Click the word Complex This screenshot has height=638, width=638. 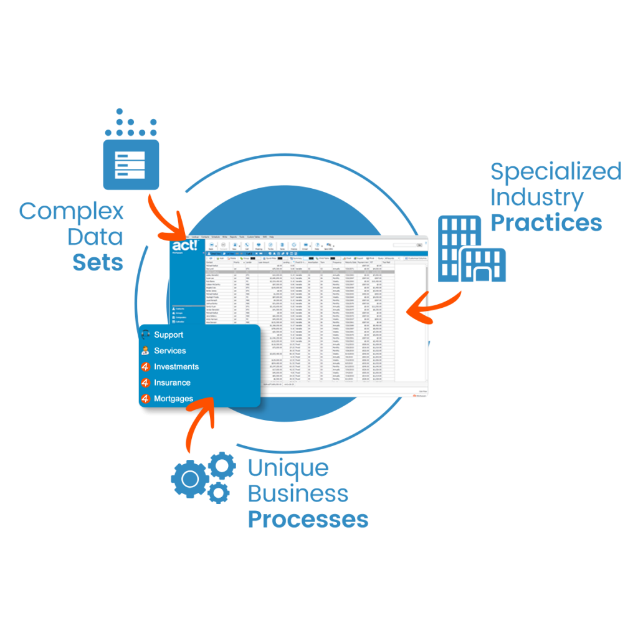pos(71,212)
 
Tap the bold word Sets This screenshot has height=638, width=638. pos(98,263)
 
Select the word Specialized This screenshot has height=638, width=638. pos(556,171)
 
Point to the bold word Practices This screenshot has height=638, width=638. pos(546,223)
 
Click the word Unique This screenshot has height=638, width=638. pos(288,467)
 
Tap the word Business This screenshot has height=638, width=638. pos(298,493)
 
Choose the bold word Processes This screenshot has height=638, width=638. pos(308,520)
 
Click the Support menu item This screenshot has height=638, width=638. pos(168,335)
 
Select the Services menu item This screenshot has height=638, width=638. pos(169,351)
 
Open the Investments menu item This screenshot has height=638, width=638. pos(176,367)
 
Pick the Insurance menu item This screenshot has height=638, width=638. pos(172,383)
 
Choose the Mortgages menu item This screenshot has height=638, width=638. pos(173,399)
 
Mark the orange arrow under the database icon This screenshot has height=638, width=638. pos(169,216)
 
